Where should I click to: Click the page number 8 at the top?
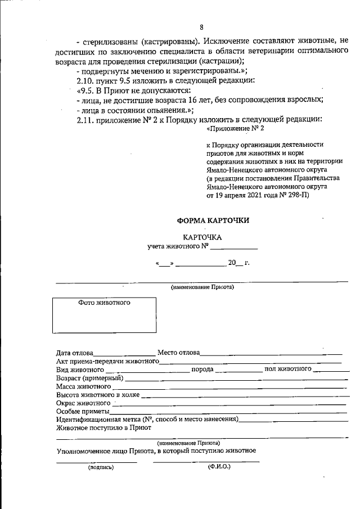tap(201, 26)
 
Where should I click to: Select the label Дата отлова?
tap(75, 353)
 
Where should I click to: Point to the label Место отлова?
tap(179, 353)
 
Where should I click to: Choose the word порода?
tap(202, 370)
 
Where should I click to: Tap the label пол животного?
tap(288, 369)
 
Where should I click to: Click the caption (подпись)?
tap(100, 467)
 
